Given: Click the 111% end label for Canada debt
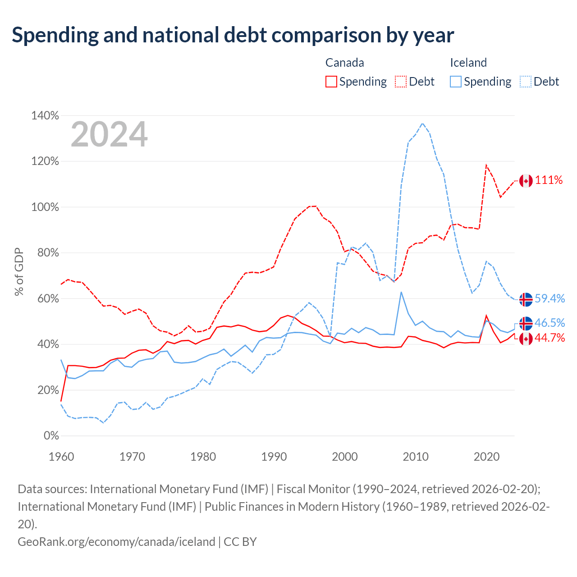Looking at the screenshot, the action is tap(549, 180).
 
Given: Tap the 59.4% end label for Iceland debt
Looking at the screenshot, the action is tap(550, 298).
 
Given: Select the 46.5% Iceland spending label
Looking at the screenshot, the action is tap(550, 323).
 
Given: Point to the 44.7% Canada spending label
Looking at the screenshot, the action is tap(550, 338).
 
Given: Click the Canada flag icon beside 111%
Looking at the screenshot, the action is tap(526, 181).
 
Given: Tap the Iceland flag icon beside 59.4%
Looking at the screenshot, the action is tap(526, 299).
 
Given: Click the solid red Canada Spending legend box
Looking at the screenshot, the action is tap(331, 82).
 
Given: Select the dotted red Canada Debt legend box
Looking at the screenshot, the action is tap(401, 82).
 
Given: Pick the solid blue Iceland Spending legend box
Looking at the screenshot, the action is tap(456, 82).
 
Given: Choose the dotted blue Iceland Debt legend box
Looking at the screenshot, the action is tap(526, 82).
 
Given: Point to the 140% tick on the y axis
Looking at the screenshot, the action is tap(45, 115).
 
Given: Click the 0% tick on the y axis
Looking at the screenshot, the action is tap(51, 435).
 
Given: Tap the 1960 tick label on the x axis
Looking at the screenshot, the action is tap(61, 457).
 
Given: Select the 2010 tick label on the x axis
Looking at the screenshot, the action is tap(416, 457).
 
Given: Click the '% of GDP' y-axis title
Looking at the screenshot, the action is tap(19, 272).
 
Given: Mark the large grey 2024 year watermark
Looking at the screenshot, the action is tap(109, 134).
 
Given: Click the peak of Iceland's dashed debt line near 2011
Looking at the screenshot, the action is tap(422, 124).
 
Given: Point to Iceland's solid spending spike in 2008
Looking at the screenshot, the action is tap(401, 292).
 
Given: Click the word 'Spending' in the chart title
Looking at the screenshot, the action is tap(55, 35).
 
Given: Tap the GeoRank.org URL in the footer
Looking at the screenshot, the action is tap(116, 542).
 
